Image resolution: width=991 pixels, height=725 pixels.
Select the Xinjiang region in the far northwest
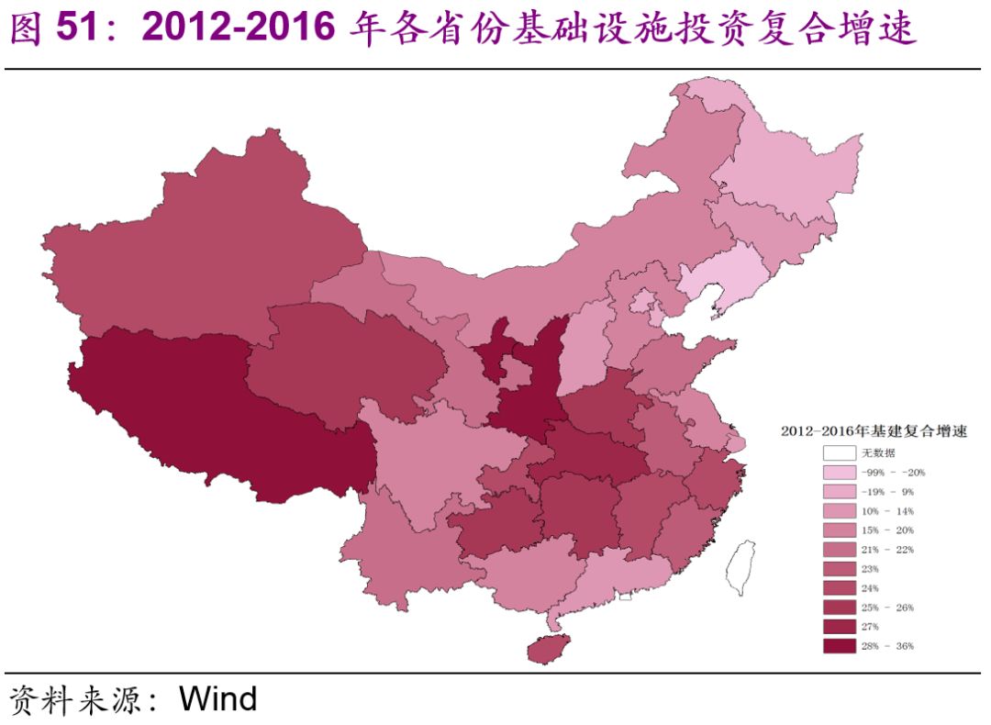[x=202, y=248]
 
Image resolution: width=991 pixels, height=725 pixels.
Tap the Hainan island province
[x=549, y=649]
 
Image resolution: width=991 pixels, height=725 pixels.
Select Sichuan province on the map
[x=431, y=459]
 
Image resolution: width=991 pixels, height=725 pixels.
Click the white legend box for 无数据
[x=839, y=452]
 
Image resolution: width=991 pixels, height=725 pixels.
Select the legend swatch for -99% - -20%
[x=839, y=472]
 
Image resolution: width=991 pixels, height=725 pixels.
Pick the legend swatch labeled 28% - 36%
[x=839, y=645]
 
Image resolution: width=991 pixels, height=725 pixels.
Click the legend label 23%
[x=870, y=568]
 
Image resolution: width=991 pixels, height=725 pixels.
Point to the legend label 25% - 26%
[x=886, y=607]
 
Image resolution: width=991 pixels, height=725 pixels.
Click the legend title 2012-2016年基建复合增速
[x=873, y=430]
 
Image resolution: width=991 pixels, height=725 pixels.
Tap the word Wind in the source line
[x=218, y=699]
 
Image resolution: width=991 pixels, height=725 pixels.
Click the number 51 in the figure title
[x=78, y=29]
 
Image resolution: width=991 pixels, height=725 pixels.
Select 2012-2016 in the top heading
[x=239, y=29]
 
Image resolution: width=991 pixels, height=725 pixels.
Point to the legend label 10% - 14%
[x=886, y=510]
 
